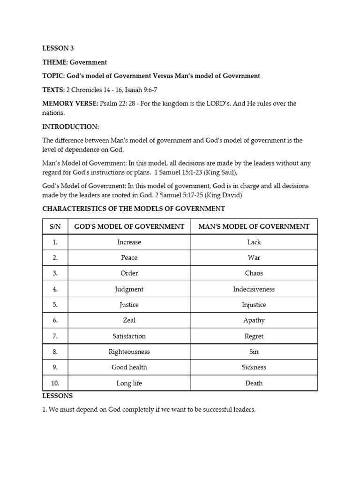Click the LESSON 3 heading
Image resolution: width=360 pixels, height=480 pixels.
pyautogui.click(x=58, y=48)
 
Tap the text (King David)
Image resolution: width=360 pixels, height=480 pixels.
pyautogui.click(x=213, y=195)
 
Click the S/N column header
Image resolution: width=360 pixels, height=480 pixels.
pyautogui.click(x=55, y=227)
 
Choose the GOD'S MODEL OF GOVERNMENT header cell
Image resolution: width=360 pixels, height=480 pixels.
pyautogui.click(x=129, y=227)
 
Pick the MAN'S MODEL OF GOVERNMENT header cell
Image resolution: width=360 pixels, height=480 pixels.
pyautogui.click(x=254, y=227)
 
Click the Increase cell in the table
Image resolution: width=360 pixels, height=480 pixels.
pyautogui.click(x=129, y=242)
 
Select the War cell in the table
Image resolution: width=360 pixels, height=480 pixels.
pyautogui.click(x=254, y=258)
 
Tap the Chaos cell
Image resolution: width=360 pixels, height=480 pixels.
pyautogui.click(x=254, y=273)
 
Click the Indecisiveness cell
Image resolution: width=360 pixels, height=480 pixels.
pyautogui.click(x=254, y=289)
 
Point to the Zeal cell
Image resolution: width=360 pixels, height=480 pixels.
pyautogui.click(x=129, y=320)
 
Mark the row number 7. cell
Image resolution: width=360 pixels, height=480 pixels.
pyautogui.click(x=55, y=336)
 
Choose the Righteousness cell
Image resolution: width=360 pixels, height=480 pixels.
pyautogui.click(x=129, y=352)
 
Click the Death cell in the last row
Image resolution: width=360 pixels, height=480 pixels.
pyautogui.click(x=254, y=383)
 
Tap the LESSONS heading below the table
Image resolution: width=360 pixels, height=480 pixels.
pyautogui.click(x=58, y=396)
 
